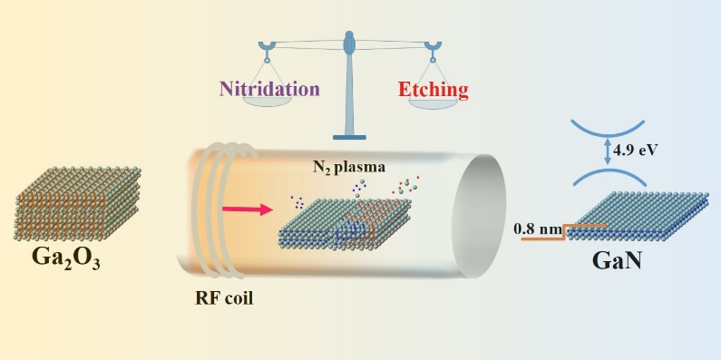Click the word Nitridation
(x=269, y=89)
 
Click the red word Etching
(x=434, y=90)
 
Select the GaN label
(x=617, y=260)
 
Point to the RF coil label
(x=224, y=299)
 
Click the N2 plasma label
(x=349, y=167)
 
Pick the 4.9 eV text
(x=629, y=151)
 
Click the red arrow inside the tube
(x=248, y=210)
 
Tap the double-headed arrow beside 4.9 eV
(x=608, y=152)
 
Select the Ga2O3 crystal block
(x=77, y=203)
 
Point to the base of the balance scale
(x=349, y=137)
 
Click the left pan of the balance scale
(x=267, y=99)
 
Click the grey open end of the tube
(x=479, y=216)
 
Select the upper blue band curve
(x=608, y=128)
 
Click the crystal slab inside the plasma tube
(x=345, y=224)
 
